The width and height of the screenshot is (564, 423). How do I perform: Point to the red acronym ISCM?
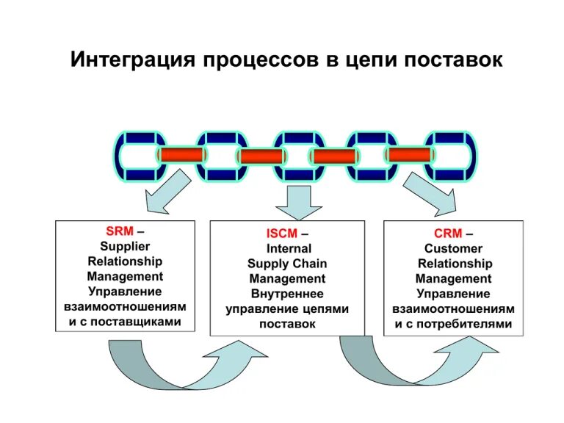pos(282,234)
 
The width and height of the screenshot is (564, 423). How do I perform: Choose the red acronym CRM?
pos(448,234)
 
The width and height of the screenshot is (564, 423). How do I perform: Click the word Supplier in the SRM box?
pos(125,246)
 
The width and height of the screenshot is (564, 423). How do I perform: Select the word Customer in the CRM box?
pos(453,249)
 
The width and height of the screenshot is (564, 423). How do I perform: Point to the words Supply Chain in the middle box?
pos(287,264)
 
